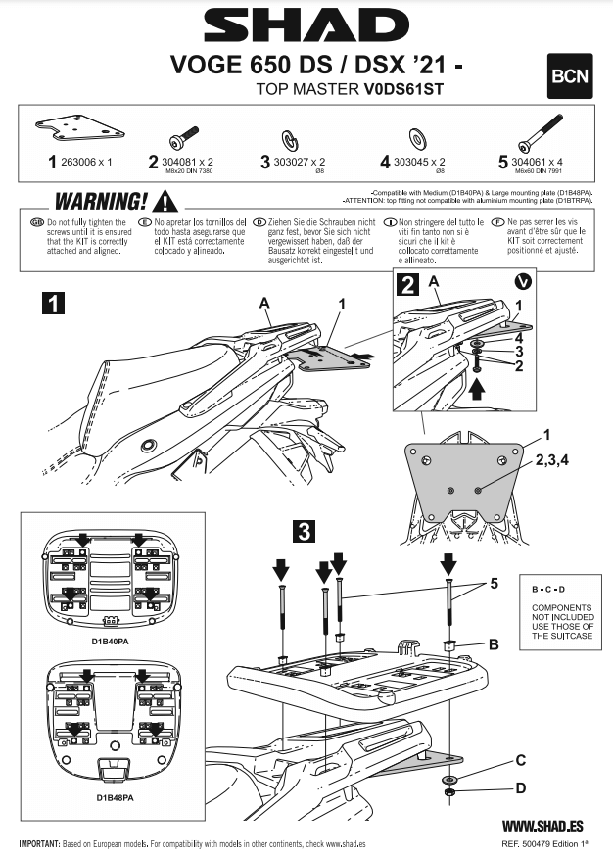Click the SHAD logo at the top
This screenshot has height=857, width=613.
pyautogui.click(x=306, y=24)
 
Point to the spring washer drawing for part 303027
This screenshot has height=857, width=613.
pyautogui.click(x=292, y=133)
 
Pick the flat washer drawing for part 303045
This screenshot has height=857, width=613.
pyautogui.click(x=415, y=134)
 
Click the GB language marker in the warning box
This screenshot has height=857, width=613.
pyautogui.click(x=36, y=223)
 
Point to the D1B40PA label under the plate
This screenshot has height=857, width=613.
pyautogui.click(x=114, y=643)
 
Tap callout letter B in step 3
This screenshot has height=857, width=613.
pyautogui.click(x=494, y=643)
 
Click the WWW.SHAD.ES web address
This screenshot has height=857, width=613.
pyautogui.click(x=543, y=826)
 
